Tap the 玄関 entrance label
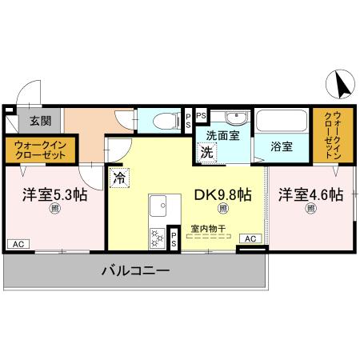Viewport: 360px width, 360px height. tap(40, 122)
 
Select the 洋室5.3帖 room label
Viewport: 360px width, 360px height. tap(54, 194)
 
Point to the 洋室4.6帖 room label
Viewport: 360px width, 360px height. tap(310, 194)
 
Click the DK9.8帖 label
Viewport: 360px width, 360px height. tap(224, 194)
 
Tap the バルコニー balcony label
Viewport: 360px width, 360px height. tap(135, 271)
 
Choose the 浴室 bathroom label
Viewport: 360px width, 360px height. tap(280, 147)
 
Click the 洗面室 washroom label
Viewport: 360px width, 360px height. tap(222, 135)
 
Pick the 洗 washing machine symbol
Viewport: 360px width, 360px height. tap(207, 151)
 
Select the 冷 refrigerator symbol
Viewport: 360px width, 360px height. tap(118, 178)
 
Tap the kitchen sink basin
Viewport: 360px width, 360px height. tap(157, 203)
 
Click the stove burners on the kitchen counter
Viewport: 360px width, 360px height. tap(157, 238)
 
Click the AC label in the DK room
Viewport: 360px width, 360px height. tap(250, 238)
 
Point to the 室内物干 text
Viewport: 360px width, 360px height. tap(209, 229)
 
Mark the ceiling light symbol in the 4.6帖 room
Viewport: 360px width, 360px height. tap(310, 210)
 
